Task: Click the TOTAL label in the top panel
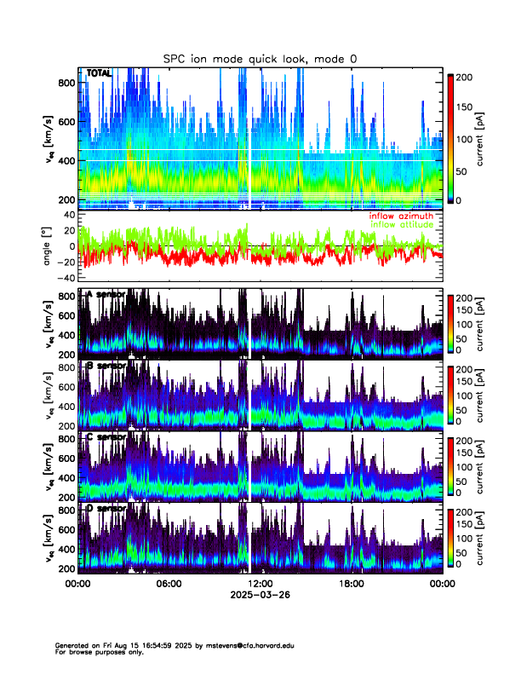(x=99, y=74)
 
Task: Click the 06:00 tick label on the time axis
(x=169, y=584)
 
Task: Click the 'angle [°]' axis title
(x=48, y=245)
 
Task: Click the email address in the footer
(x=248, y=645)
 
